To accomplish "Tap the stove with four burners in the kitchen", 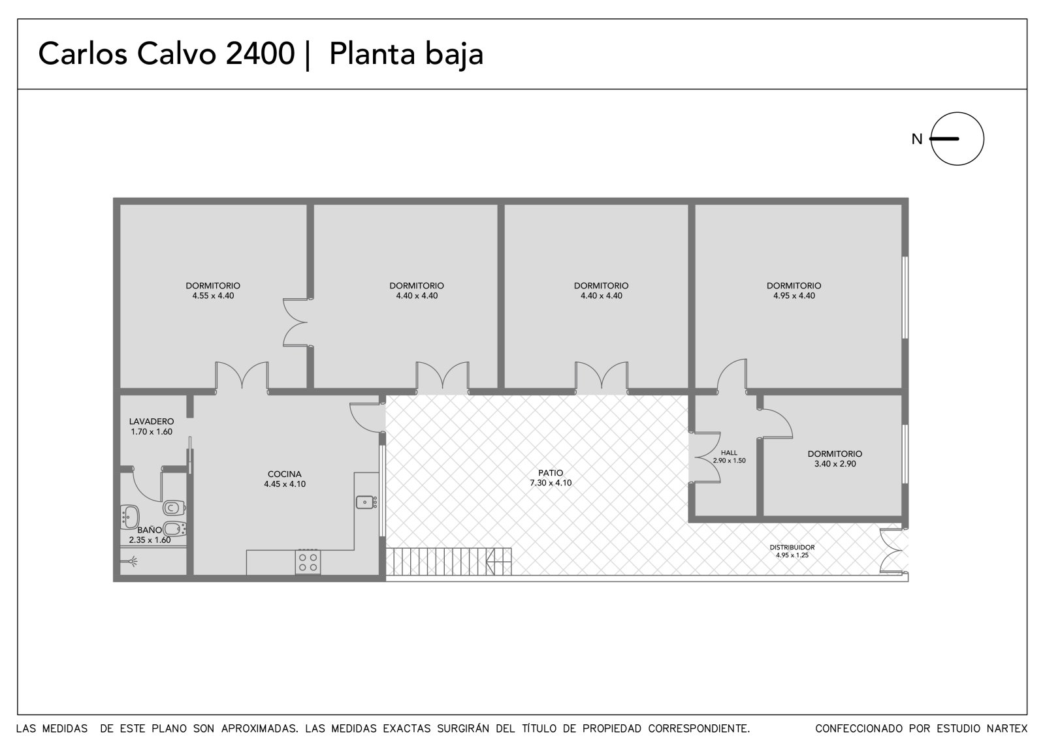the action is coord(308,562).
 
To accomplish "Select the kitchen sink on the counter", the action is coord(366,502).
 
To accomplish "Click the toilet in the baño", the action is coord(174,507).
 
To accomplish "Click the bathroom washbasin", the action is coord(130,517).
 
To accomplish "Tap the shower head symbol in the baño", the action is coord(133,561).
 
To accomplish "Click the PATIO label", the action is coord(551,472).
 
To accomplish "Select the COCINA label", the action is coord(285,474).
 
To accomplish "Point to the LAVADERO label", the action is coord(152,422).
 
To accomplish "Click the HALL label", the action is coord(729,453).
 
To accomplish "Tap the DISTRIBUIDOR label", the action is coord(792,547).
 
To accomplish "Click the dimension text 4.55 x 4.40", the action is coord(213,296).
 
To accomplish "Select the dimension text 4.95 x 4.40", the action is coord(794,296).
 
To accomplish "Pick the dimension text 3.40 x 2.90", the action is coord(835,464).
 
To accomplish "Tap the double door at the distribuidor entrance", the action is coord(894,550).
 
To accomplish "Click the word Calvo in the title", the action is coord(176,54).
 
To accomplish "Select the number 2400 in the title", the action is coord(261,54).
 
